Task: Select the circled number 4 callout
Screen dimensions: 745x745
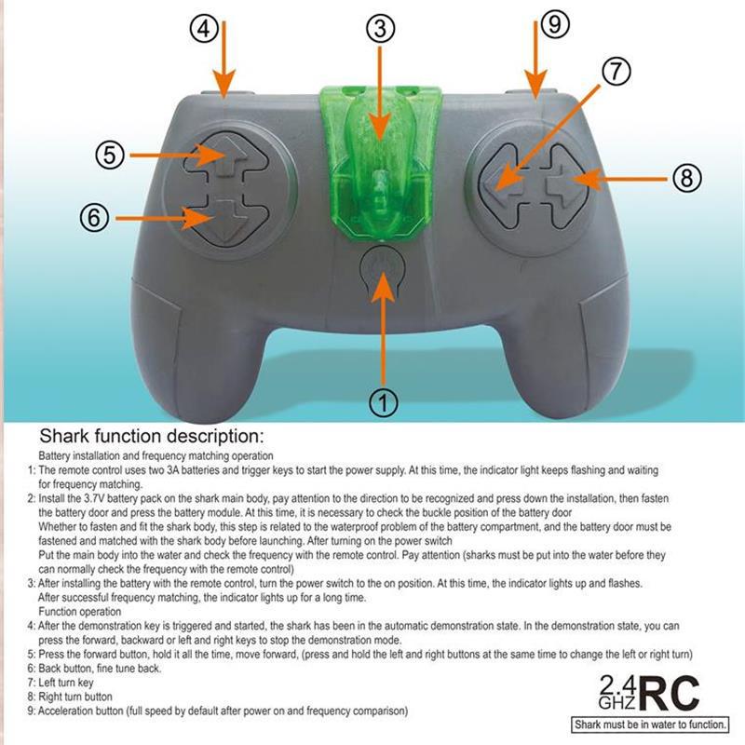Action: click(205, 29)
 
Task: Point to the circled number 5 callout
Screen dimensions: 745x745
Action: click(111, 155)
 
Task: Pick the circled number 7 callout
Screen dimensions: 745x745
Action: click(616, 73)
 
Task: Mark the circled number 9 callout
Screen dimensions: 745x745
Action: click(554, 25)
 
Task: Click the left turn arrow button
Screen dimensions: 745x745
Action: click(501, 177)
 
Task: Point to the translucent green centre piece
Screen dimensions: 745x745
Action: click(379, 158)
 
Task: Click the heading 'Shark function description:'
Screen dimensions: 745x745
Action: click(152, 437)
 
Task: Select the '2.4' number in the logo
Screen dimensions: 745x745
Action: click(616, 683)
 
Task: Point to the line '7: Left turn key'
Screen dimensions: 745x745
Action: click(69, 683)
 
